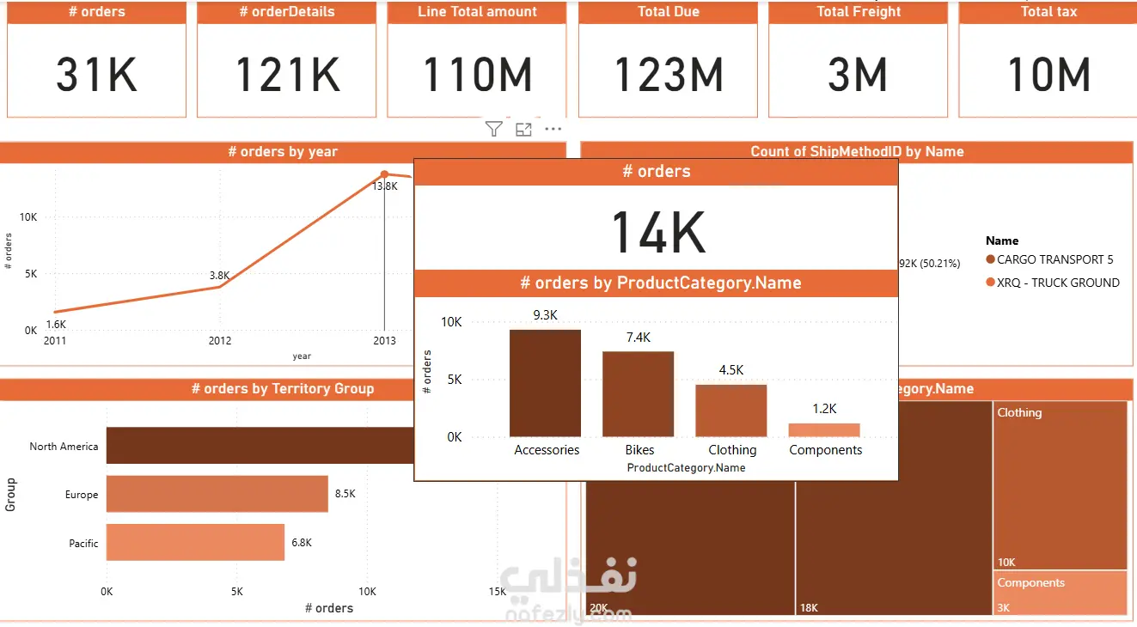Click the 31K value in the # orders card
(x=96, y=75)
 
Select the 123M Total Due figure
(x=668, y=75)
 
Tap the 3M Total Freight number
(x=858, y=75)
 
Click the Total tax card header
(x=1048, y=12)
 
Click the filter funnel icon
(x=493, y=129)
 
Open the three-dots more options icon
(x=553, y=129)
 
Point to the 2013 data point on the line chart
(x=384, y=175)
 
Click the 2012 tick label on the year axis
(x=220, y=341)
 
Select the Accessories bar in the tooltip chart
(x=545, y=383)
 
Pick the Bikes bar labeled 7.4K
(x=638, y=393)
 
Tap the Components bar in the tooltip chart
(x=824, y=430)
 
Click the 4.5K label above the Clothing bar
(x=731, y=370)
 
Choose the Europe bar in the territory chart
(x=217, y=494)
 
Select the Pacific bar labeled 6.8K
(x=195, y=542)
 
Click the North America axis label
(x=64, y=447)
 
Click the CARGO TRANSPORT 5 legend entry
(x=1054, y=259)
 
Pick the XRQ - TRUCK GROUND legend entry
(x=1058, y=283)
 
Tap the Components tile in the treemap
(x=1061, y=594)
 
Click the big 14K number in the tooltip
(x=657, y=232)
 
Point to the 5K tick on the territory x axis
(x=237, y=592)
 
